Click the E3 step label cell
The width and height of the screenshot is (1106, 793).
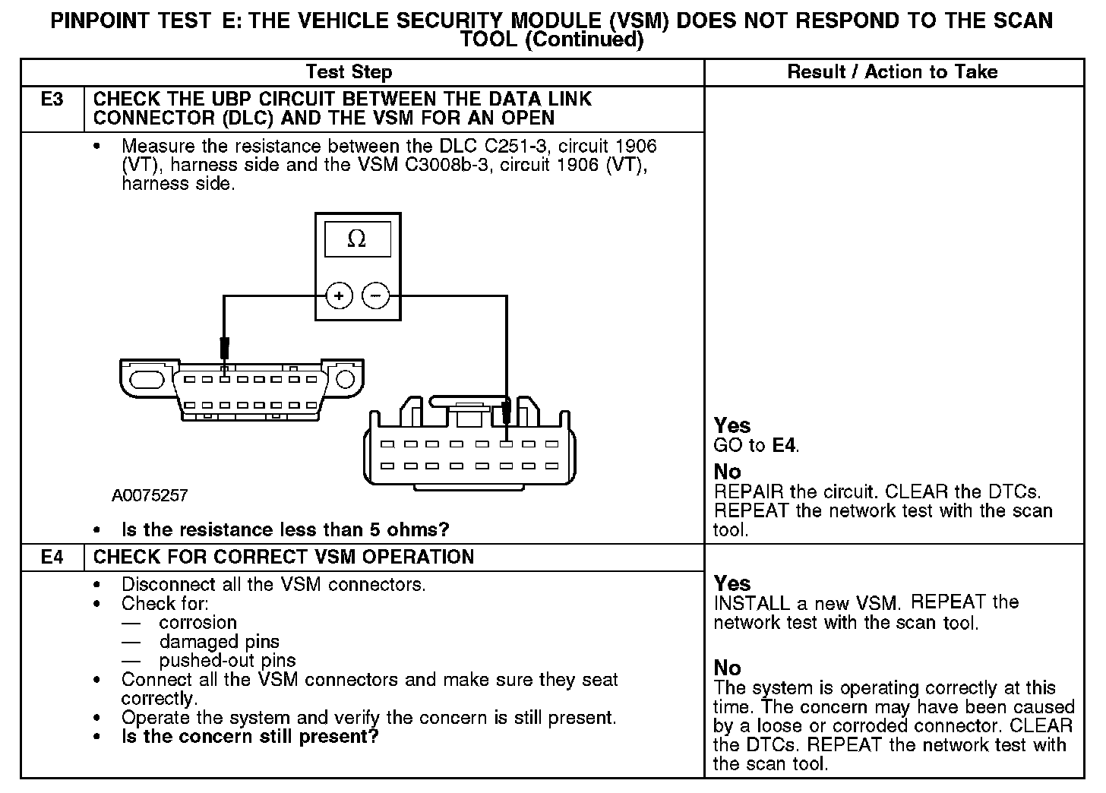point(52,100)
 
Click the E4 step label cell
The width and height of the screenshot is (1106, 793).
point(52,557)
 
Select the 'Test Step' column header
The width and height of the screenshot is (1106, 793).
point(349,72)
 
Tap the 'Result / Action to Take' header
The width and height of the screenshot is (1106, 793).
point(893,72)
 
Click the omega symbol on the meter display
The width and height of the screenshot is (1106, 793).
point(356,239)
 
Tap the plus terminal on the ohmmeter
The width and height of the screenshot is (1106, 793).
point(339,295)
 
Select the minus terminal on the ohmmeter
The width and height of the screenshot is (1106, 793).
point(375,295)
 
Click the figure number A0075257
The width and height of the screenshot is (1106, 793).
point(150,496)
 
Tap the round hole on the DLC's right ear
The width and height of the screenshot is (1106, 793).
point(345,378)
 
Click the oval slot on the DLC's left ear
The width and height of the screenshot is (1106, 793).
point(148,378)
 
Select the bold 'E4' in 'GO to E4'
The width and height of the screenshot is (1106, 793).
point(784,445)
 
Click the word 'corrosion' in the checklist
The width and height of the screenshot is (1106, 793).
point(198,623)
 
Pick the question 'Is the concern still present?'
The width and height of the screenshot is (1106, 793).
point(250,737)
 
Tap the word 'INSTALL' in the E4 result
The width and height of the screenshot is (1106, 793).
point(751,604)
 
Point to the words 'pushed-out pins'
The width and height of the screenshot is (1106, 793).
point(227,661)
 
